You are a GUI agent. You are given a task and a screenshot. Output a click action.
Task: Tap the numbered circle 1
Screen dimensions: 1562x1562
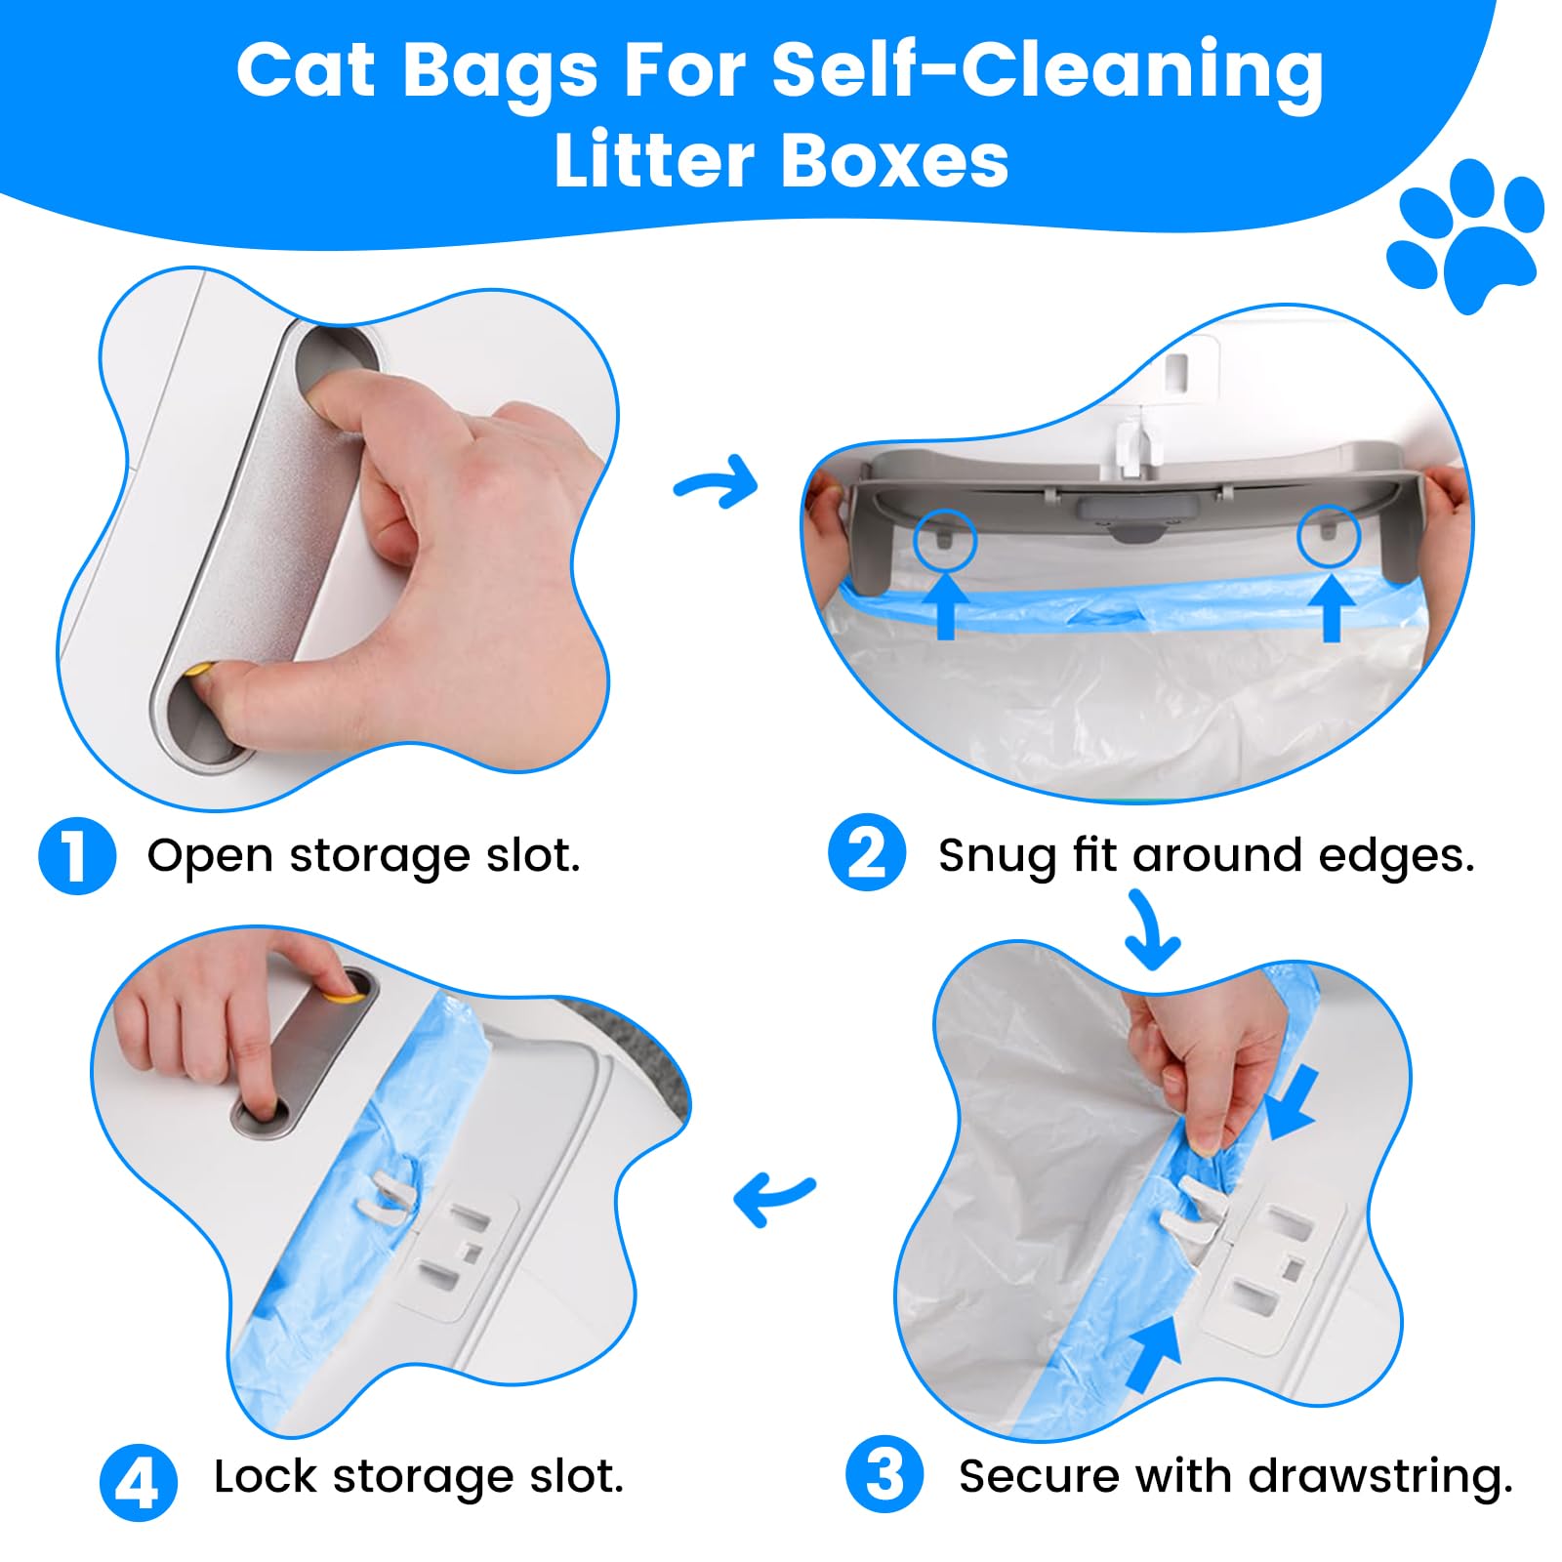click(x=77, y=856)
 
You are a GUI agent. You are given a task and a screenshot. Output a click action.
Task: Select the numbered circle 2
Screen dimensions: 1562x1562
click(x=867, y=852)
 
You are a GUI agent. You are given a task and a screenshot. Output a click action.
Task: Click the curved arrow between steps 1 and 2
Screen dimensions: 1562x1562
click(x=718, y=481)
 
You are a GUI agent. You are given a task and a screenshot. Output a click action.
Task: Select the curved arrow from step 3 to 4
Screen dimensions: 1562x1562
click(x=773, y=1199)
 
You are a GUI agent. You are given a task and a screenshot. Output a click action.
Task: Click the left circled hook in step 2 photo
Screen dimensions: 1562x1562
click(x=944, y=538)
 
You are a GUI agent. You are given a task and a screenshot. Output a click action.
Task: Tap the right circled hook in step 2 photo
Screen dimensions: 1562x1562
click(x=1329, y=534)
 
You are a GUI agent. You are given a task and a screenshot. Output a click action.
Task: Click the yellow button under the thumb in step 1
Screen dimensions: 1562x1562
click(x=201, y=672)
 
